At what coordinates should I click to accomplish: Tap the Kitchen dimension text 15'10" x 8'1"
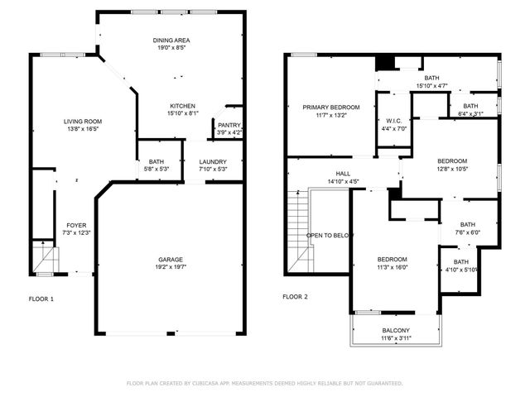pyautogui.click(x=182, y=114)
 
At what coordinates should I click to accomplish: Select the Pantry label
pyautogui.click(x=229, y=125)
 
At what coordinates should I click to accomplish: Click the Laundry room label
pyautogui.click(x=213, y=162)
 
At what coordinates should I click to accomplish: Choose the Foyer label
pyautogui.click(x=76, y=225)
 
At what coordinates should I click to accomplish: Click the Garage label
pyautogui.click(x=171, y=260)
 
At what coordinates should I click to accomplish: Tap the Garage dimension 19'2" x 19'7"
pyautogui.click(x=171, y=268)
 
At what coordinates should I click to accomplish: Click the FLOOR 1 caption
pyautogui.click(x=41, y=298)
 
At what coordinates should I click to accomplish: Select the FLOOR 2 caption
pyautogui.click(x=295, y=297)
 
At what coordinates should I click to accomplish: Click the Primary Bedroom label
pyautogui.click(x=330, y=108)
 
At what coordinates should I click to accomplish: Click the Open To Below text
pyautogui.click(x=330, y=236)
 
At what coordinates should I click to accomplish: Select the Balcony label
pyautogui.click(x=395, y=331)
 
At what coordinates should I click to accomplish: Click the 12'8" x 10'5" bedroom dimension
pyautogui.click(x=452, y=169)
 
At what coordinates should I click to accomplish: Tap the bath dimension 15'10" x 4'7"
pyautogui.click(x=431, y=85)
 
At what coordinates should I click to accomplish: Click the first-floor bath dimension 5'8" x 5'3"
pyautogui.click(x=156, y=170)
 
